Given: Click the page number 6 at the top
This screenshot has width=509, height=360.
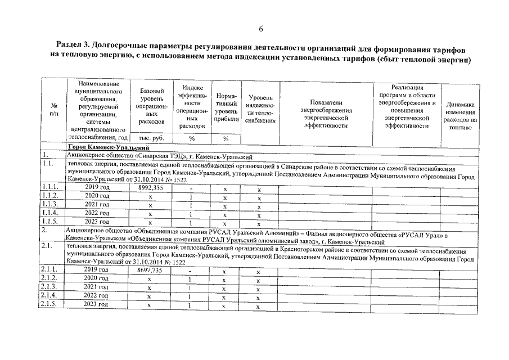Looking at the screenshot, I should [x=260, y=29].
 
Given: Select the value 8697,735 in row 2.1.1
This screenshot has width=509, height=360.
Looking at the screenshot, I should [x=150, y=271].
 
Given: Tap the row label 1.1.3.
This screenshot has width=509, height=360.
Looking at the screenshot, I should [x=49, y=204].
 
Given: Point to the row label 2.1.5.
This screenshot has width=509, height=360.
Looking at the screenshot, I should [x=49, y=304].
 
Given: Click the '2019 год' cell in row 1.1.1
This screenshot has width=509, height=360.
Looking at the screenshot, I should [x=97, y=187].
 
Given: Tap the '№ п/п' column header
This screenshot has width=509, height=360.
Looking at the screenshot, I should [x=54, y=109].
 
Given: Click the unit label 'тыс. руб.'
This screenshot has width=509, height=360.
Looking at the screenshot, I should [x=150, y=138].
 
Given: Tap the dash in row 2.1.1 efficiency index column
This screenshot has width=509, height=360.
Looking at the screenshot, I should [x=191, y=271].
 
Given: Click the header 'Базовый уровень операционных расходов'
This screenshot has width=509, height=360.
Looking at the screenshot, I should [x=150, y=106].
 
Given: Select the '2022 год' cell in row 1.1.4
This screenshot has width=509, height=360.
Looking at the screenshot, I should [x=97, y=213].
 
